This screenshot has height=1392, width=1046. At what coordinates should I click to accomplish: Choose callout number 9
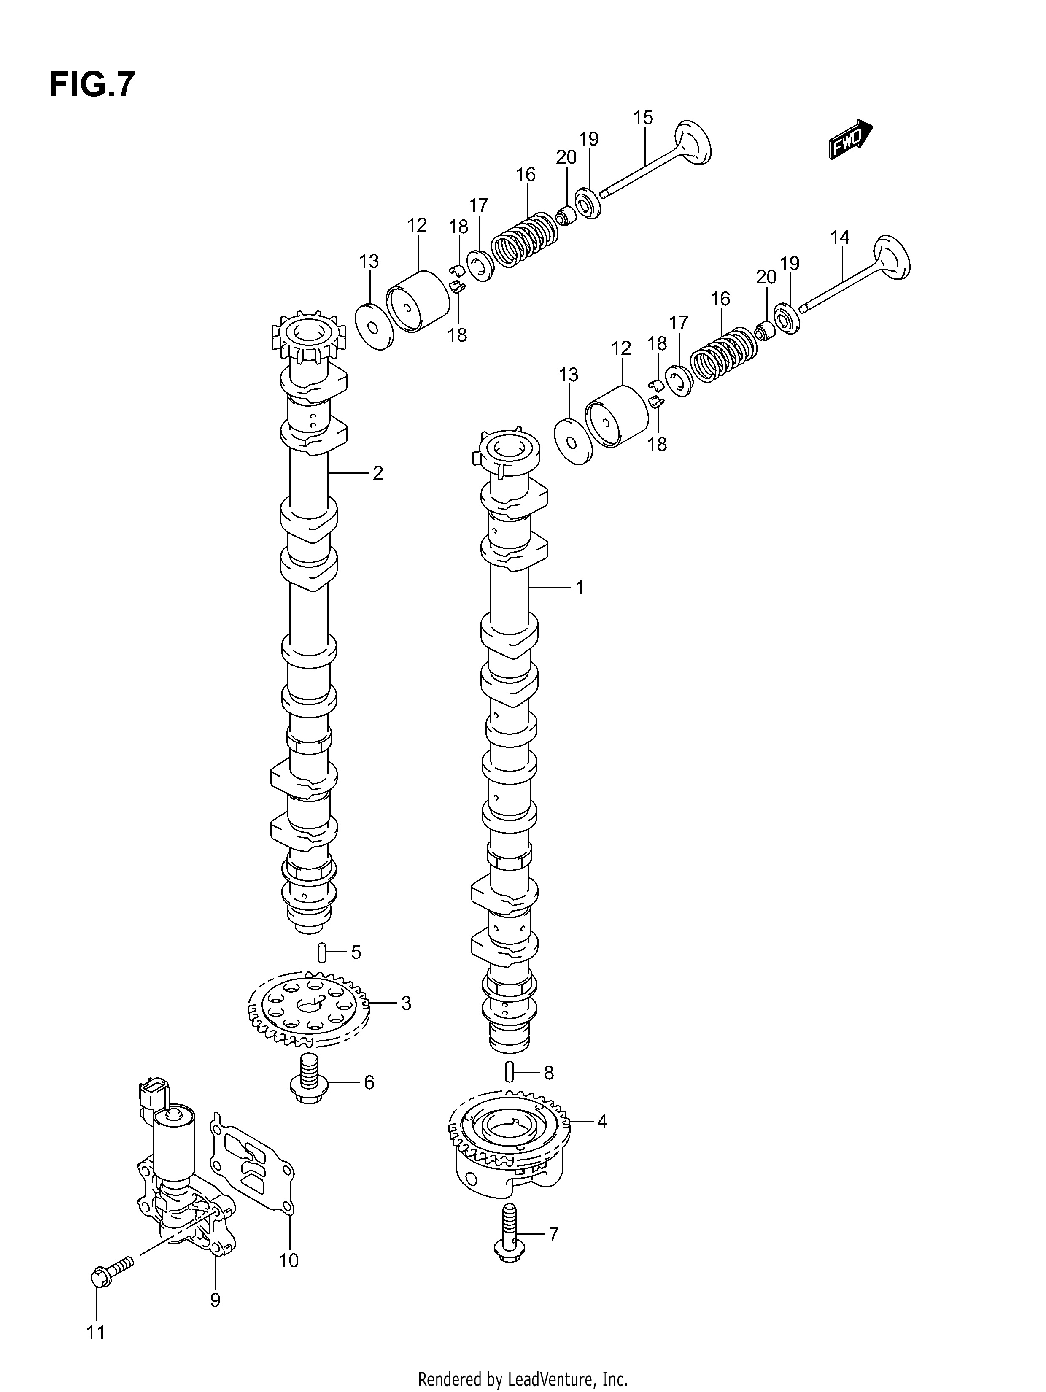pos(215,1300)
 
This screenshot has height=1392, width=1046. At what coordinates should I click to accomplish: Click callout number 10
pos(289,1260)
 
